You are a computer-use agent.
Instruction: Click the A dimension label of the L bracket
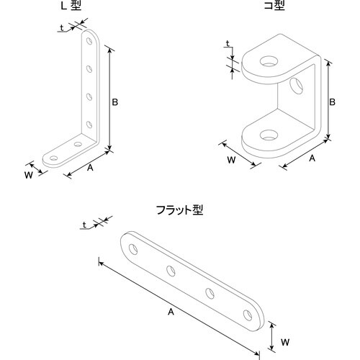90,167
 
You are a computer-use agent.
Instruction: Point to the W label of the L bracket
28,174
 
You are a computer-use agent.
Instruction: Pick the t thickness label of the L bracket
61,30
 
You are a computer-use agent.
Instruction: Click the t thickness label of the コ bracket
228,44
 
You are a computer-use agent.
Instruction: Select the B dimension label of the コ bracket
332,102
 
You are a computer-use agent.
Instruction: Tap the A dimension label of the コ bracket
312,156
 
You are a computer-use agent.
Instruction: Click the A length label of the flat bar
170,312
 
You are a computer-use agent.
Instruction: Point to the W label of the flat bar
284,341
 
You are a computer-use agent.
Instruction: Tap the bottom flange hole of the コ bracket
270,133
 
